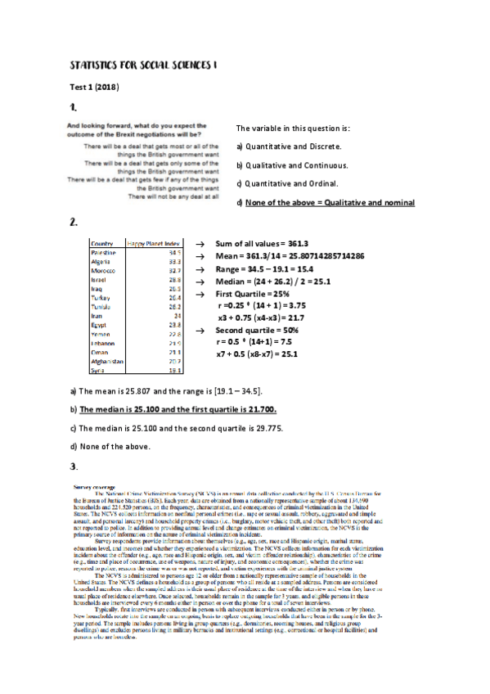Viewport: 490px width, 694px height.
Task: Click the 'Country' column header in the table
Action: coord(102,244)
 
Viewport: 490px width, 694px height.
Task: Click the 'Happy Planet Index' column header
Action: coord(153,244)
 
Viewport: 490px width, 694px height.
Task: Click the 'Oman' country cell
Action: coord(100,352)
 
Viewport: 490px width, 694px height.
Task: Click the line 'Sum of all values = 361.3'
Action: coord(261,244)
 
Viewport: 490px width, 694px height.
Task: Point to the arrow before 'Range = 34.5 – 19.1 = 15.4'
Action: coord(200,268)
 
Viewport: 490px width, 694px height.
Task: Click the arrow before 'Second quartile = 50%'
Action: coord(200,330)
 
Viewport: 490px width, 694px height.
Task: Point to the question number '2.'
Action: coord(74,223)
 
